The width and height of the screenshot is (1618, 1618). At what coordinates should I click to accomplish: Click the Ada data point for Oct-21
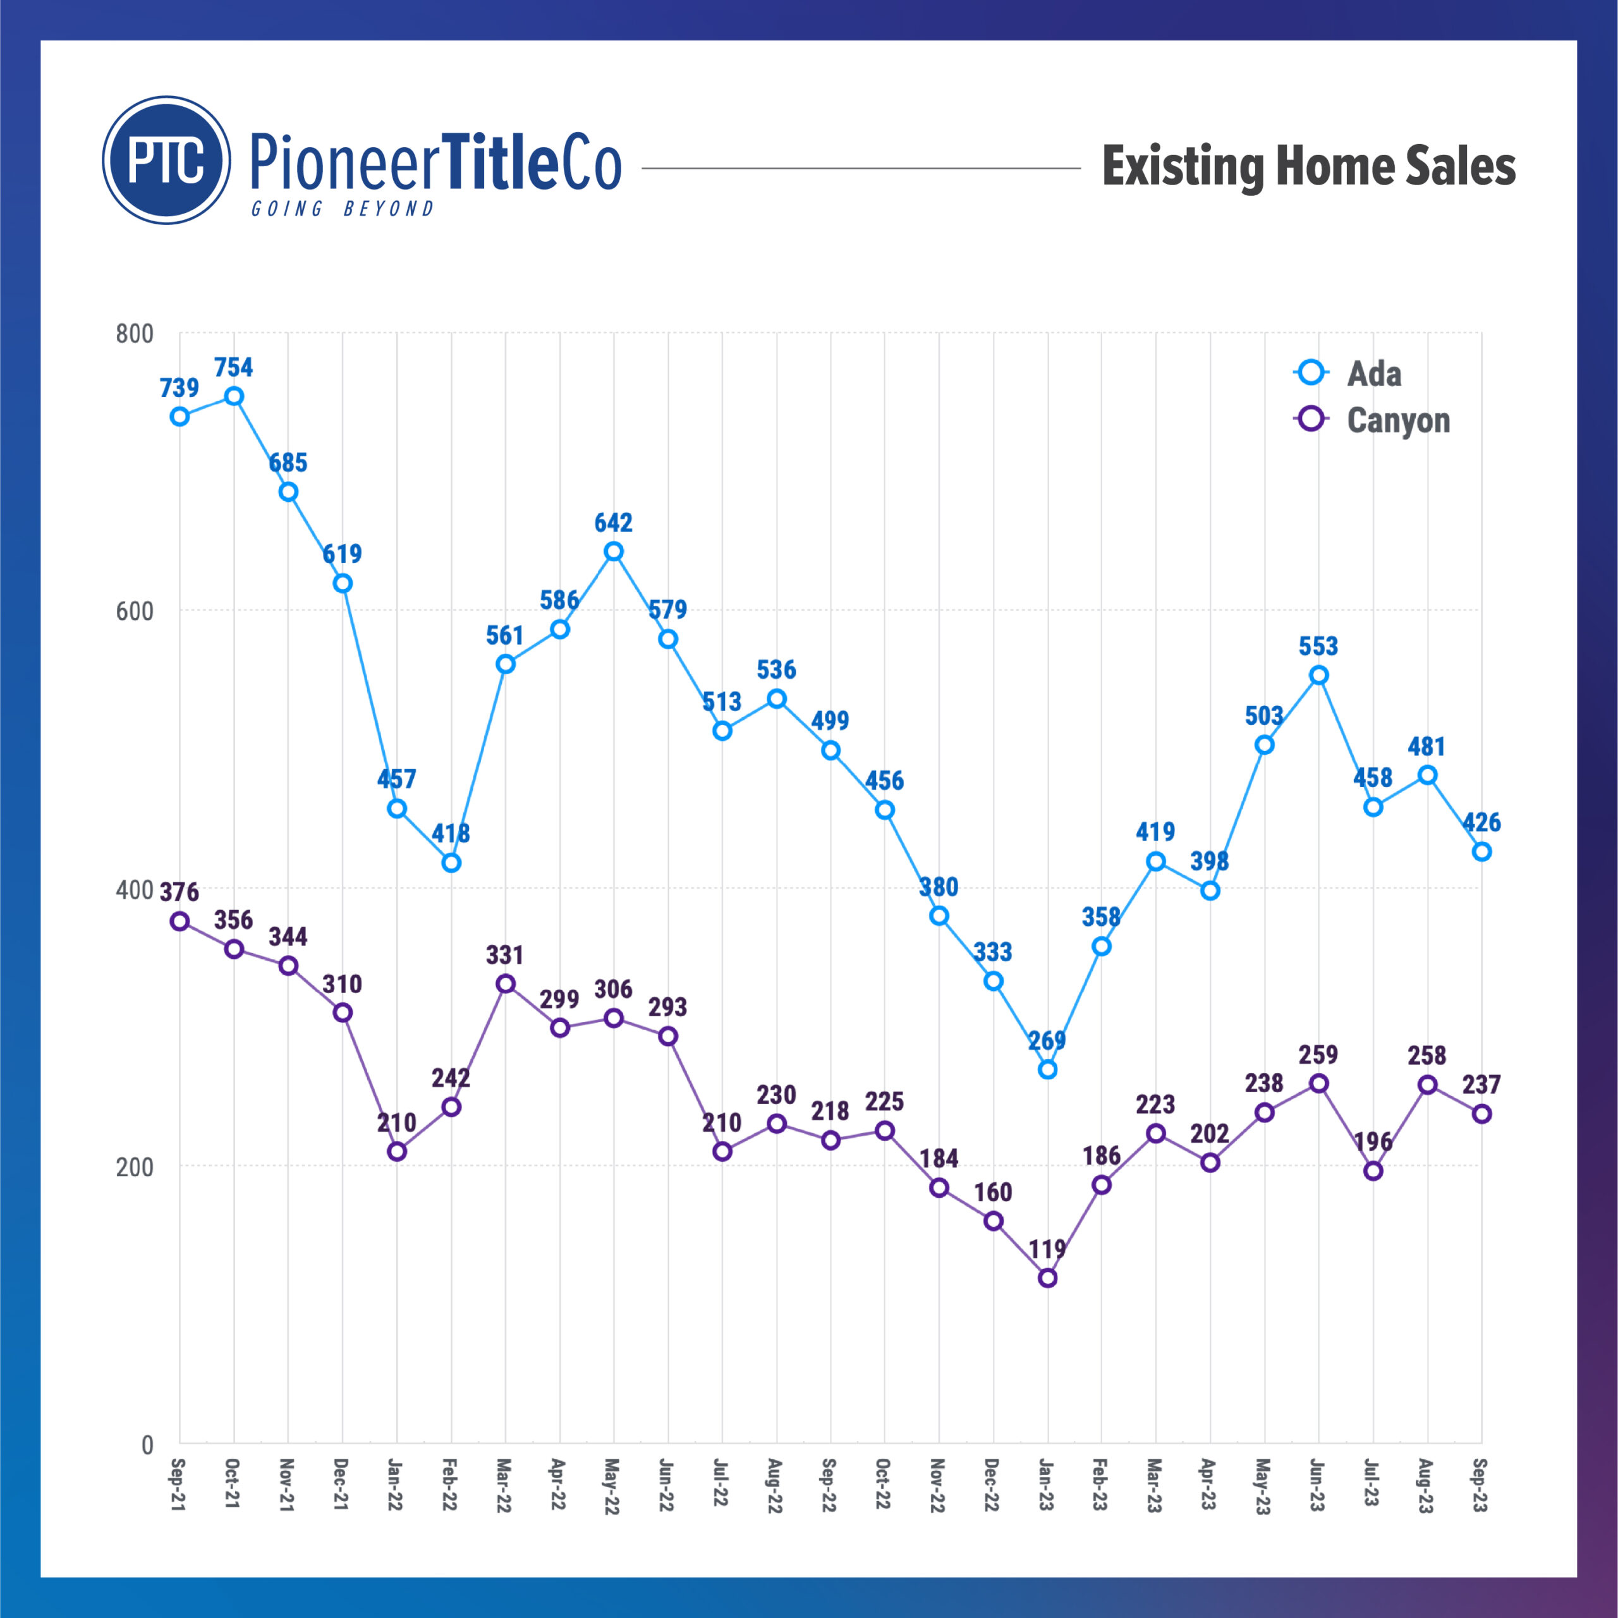(x=234, y=396)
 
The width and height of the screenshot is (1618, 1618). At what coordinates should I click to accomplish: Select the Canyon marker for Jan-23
(x=1047, y=1278)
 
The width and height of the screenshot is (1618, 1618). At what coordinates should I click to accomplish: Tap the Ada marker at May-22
(x=614, y=551)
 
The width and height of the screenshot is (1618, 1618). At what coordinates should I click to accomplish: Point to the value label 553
(x=1318, y=646)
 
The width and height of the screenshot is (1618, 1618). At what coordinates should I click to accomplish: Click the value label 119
(x=1047, y=1250)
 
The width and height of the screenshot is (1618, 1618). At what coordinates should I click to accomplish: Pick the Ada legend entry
(x=1373, y=374)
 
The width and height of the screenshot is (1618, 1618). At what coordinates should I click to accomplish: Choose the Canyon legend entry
(x=1397, y=420)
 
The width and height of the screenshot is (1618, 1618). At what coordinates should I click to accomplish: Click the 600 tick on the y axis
(x=135, y=611)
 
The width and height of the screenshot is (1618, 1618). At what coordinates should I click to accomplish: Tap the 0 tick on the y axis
(x=147, y=1445)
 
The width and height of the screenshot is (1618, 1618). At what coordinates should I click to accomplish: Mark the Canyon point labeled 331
(x=505, y=983)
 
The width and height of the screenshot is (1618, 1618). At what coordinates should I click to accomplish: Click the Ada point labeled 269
(x=1047, y=1069)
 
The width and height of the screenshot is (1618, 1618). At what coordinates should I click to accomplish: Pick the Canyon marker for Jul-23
(x=1373, y=1171)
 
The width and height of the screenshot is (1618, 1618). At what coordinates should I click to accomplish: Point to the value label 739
(x=179, y=387)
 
